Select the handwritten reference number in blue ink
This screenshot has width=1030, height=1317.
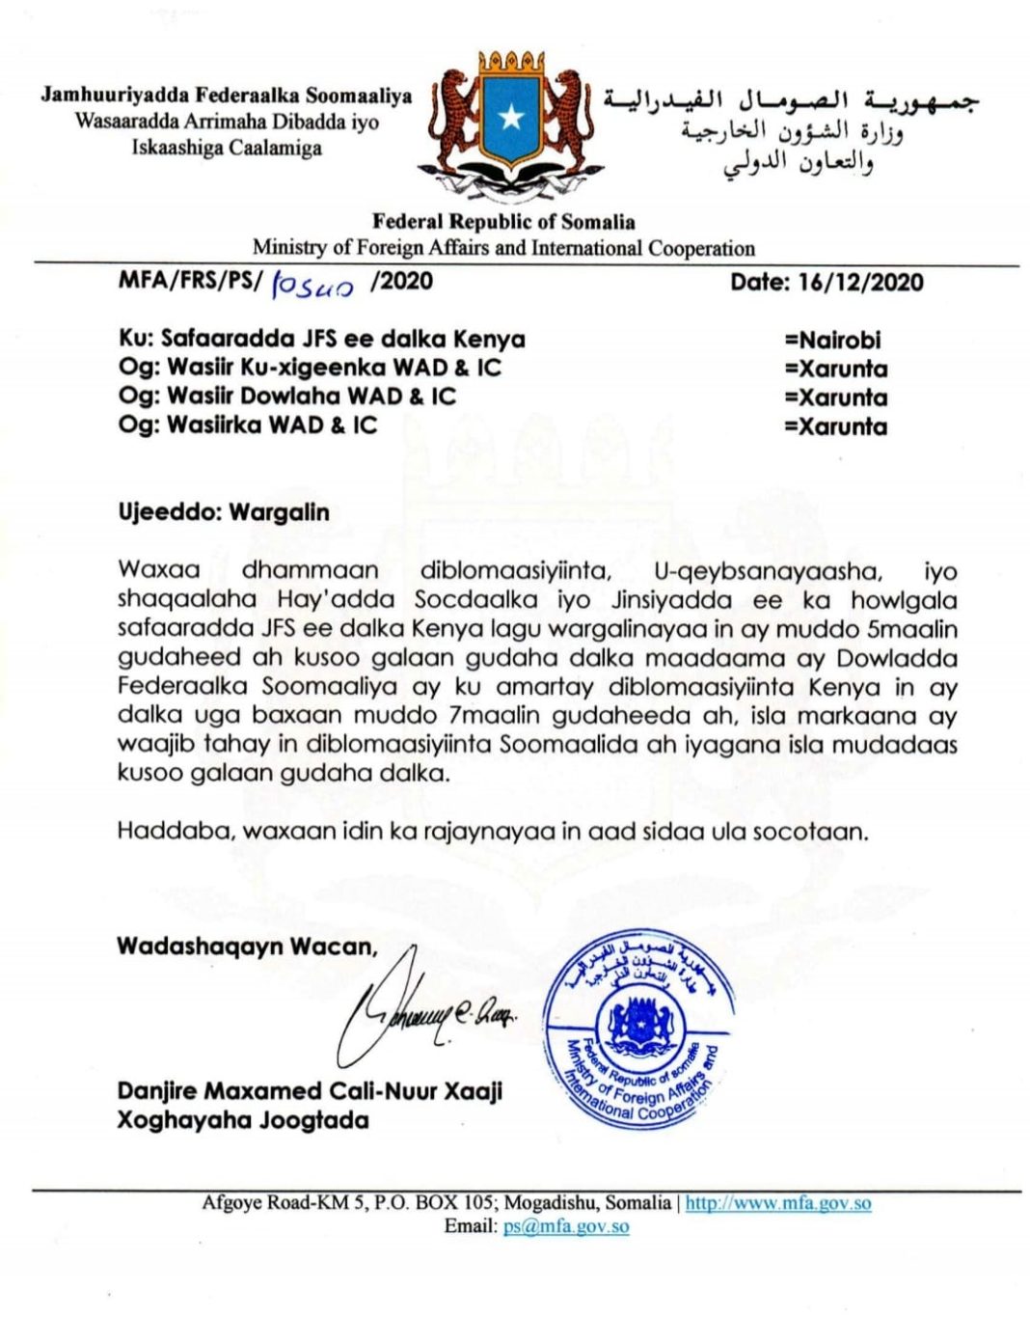pos(313,286)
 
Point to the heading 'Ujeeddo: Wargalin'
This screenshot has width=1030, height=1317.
pos(224,512)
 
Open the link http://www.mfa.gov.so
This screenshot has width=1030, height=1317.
pos(778,1203)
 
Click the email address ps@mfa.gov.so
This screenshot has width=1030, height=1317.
pos(566,1227)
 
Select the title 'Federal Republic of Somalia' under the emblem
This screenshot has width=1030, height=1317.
pos(503,222)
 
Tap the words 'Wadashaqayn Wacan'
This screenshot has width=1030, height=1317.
pos(247,947)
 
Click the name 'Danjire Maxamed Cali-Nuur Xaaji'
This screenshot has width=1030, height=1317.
pos(310,1091)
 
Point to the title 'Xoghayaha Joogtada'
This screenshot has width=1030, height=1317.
pos(243,1120)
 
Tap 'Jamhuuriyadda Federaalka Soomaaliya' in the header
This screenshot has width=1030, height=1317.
pos(227,96)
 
